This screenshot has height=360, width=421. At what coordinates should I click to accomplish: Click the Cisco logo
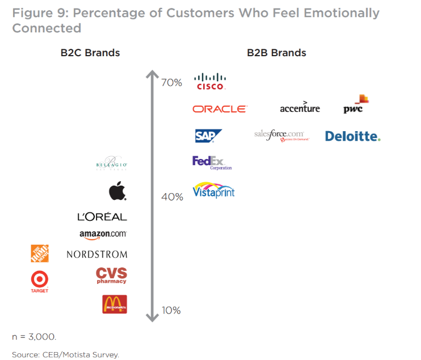[x=210, y=81]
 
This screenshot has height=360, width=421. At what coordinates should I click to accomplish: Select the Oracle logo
[x=220, y=108]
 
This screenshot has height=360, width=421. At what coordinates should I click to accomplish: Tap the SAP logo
[x=208, y=136]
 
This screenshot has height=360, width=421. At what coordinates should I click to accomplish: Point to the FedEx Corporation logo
[x=212, y=162]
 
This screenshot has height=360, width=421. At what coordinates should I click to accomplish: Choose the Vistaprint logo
[x=213, y=190]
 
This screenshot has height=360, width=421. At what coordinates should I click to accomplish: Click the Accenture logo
[x=300, y=107]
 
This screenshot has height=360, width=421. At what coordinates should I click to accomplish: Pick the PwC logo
[x=356, y=105]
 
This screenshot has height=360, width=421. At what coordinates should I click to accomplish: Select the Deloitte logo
[x=352, y=136]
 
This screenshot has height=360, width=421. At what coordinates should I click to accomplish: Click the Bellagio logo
[x=112, y=164]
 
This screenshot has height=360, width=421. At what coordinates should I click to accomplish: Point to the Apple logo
[x=117, y=191]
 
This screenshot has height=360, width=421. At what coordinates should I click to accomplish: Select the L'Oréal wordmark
[x=102, y=217]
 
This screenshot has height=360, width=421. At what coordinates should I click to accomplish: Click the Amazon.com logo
[x=103, y=235]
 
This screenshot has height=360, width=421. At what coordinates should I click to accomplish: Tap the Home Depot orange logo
[x=40, y=253]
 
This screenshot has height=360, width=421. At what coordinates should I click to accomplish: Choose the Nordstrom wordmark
[x=97, y=254]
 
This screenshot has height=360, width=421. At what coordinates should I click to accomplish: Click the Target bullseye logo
[x=40, y=280]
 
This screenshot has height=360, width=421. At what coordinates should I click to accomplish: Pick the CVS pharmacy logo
[x=111, y=275]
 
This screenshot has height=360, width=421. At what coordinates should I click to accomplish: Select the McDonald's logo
[x=114, y=304]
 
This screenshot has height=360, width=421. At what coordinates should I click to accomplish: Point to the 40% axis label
[x=172, y=197]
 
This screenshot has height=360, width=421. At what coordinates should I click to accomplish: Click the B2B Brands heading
[x=276, y=53]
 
